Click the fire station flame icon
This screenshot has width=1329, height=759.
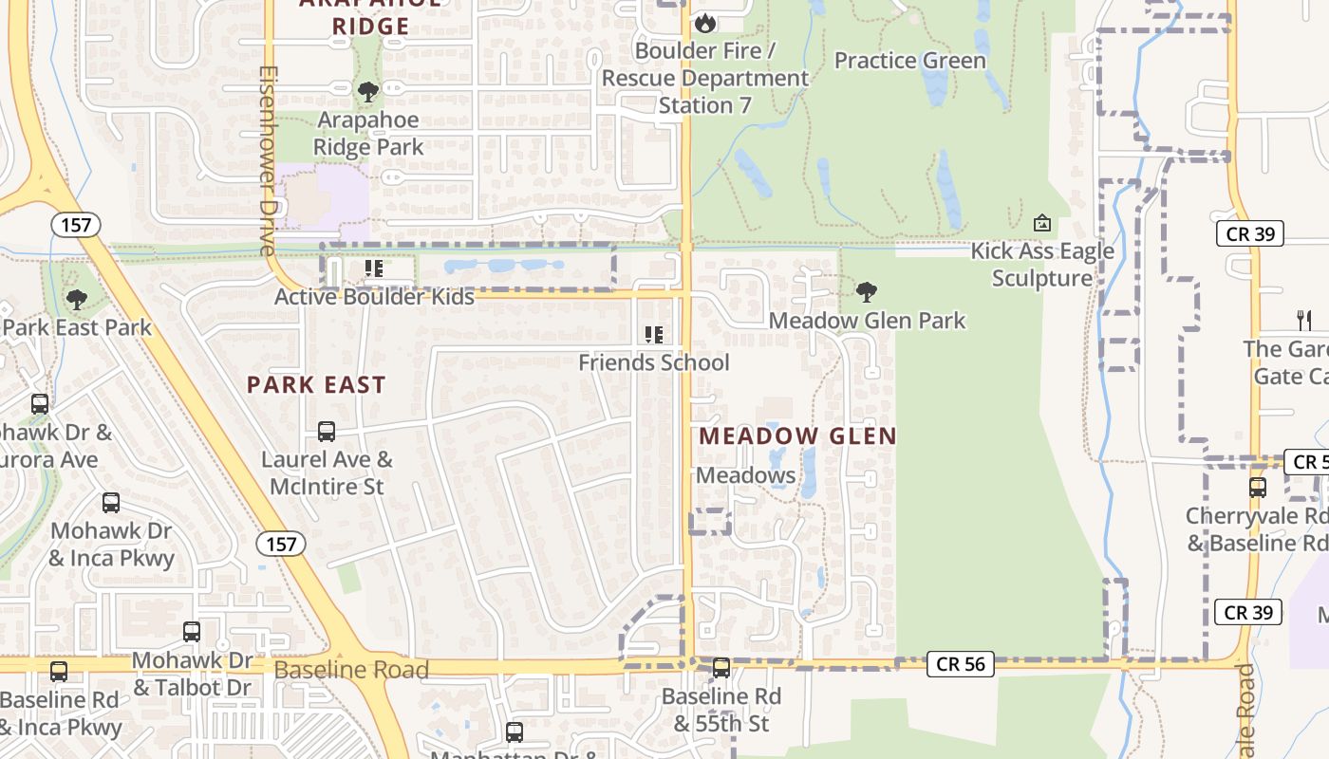pyautogui.click(x=705, y=22)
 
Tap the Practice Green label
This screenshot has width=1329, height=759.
pyautogui.click(x=909, y=61)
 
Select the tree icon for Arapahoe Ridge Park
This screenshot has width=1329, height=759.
pyautogui.click(x=368, y=92)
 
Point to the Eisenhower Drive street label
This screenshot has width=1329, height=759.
pyautogui.click(x=267, y=161)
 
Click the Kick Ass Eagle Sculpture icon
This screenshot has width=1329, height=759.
pyautogui.click(x=1041, y=224)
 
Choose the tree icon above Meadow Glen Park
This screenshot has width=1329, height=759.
pyautogui.click(x=866, y=292)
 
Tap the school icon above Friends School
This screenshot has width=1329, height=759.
pyautogui.click(x=653, y=334)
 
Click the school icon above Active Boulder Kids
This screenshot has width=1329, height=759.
pyautogui.click(x=374, y=269)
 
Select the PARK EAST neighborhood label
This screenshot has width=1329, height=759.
pyautogui.click(x=316, y=384)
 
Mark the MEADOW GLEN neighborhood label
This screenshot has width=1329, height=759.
pyautogui.click(x=797, y=436)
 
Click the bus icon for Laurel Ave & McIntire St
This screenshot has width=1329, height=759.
pyautogui.click(x=327, y=432)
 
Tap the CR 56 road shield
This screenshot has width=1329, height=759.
pyautogui.click(x=961, y=664)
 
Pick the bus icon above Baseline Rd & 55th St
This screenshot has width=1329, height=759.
pyautogui.click(x=721, y=668)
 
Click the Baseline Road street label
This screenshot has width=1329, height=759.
pyautogui.click(x=351, y=670)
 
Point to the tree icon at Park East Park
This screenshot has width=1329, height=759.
pyautogui.click(x=77, y=300)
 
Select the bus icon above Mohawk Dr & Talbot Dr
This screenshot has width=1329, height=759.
pyautogui.click(x=192, y=632)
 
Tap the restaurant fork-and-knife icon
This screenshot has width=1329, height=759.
pyautogui.click(x=1303, y=320)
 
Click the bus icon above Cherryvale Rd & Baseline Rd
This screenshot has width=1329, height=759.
pyautogui.click(x=1258, y=488)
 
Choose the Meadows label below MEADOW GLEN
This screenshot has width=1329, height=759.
pyautogui.click(x=745, y=475)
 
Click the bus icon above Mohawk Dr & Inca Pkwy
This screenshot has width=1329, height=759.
pyautogui.click(x=111, y=503)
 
